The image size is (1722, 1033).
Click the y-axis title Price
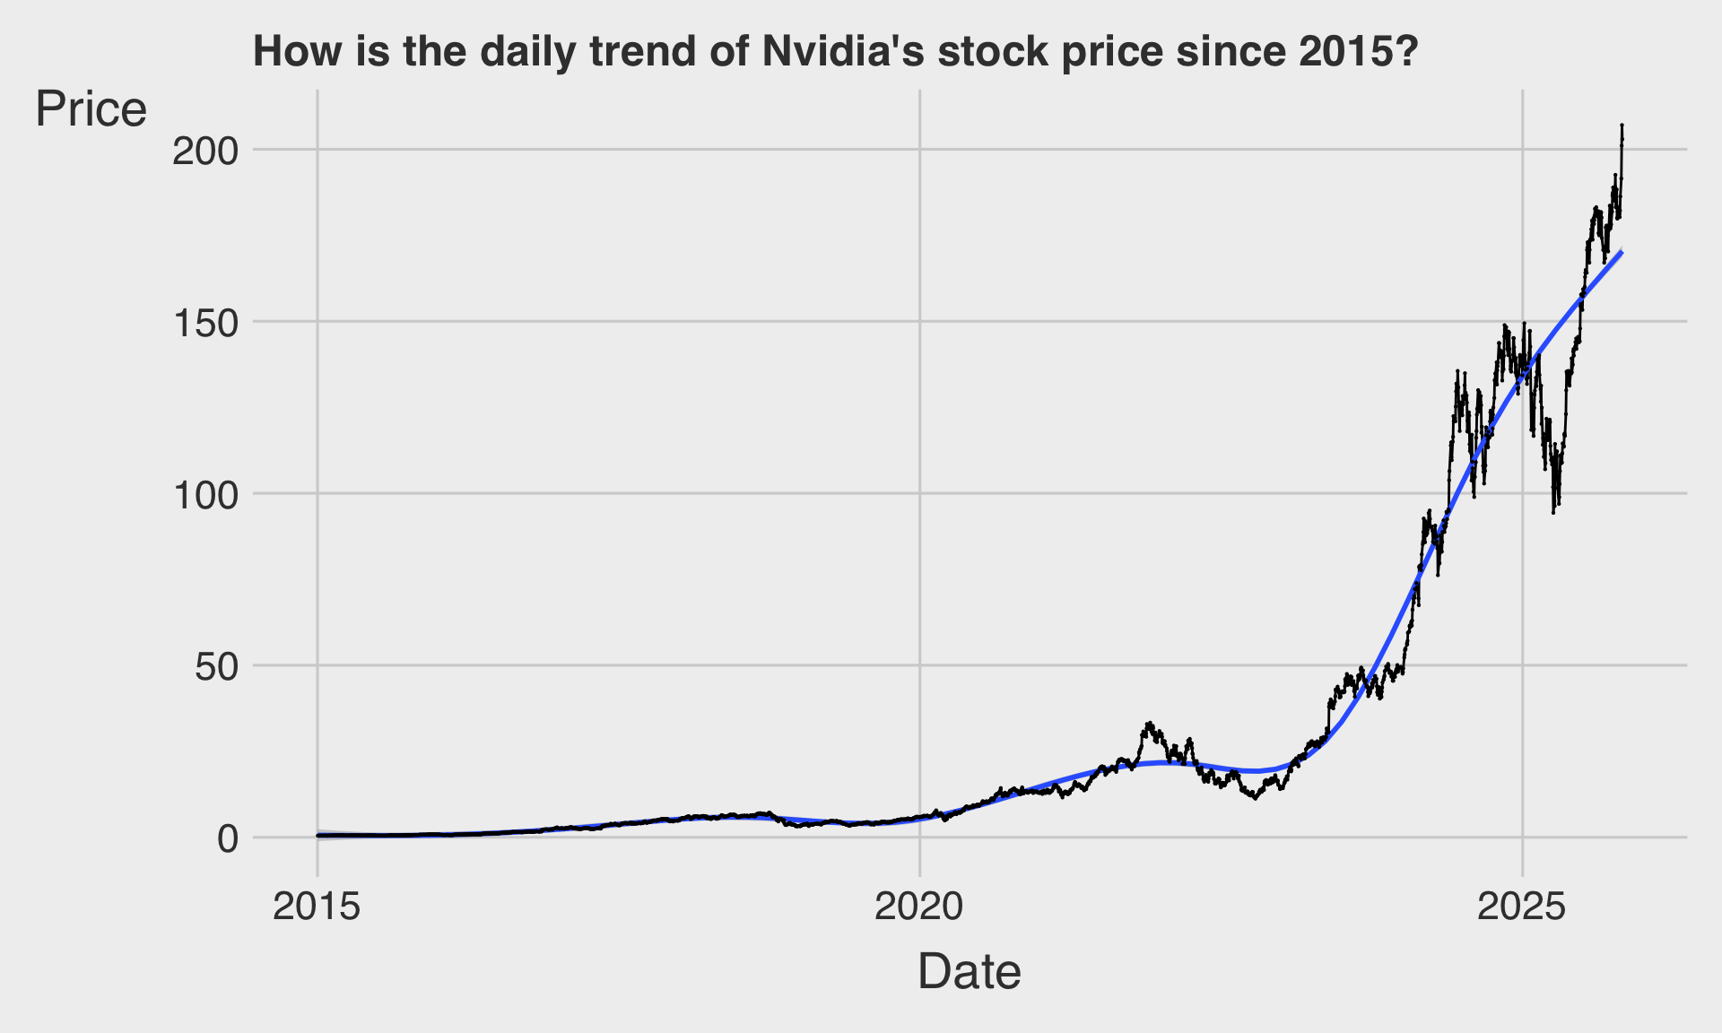[x=91, y=110]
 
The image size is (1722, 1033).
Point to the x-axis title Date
[x=969, y=972]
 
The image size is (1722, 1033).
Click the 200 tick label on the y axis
[x=205, y=151]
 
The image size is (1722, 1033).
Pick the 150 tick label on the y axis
[x=205, y=323]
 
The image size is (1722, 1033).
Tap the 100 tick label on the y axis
[x=205, y=495]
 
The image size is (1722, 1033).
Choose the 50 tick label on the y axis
[x=218, y=667]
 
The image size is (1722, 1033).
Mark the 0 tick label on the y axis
[x=228, y=839]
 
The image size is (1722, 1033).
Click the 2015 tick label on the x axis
[x=317, y=907]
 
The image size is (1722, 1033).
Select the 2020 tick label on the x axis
[x=919, y=907]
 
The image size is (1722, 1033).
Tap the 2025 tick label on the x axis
[x=1522, y=907]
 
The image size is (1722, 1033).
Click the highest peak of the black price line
[x=1622, y=126]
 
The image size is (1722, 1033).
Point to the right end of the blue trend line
[x=1622, y=253]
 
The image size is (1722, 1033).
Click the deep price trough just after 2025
[x=1553, y=511]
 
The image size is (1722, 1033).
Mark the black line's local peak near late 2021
[x=1149, y=723]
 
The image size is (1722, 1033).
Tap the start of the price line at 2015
[x=318, y=835]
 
